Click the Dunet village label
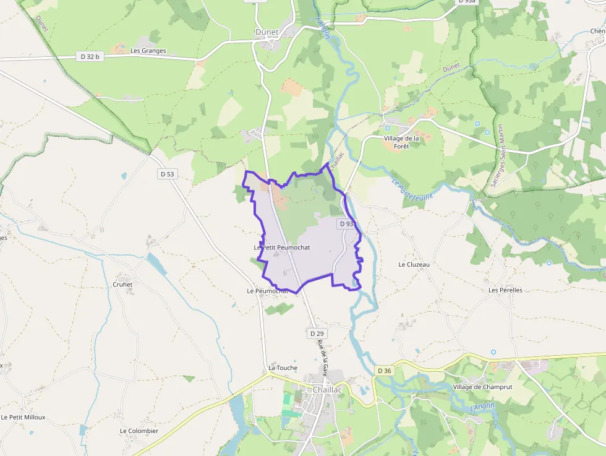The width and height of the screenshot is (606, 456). (267, 32)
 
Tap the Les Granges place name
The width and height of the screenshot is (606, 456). (148, 51)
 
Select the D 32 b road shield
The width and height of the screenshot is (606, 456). (90, 56)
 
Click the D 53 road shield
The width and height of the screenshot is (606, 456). (168, 174)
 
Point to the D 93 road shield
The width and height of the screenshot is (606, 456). (346, 223)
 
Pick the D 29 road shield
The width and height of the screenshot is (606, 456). (317, 333)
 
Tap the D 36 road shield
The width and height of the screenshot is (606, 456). (384, 371)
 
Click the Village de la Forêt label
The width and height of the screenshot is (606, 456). (401, 142)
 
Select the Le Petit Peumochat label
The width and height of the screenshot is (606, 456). (282, 247)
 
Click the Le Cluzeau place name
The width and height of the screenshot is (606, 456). (414, 264)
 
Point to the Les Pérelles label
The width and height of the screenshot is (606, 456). (505, 290)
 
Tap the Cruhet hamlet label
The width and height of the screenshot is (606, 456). (123, 285)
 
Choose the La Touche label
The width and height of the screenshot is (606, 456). (283, 368)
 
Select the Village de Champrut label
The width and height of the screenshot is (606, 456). (480, 387)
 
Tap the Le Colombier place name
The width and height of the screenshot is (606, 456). (139, 431)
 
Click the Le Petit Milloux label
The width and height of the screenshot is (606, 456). (23, 417)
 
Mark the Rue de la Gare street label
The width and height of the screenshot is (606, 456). (322, 358)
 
